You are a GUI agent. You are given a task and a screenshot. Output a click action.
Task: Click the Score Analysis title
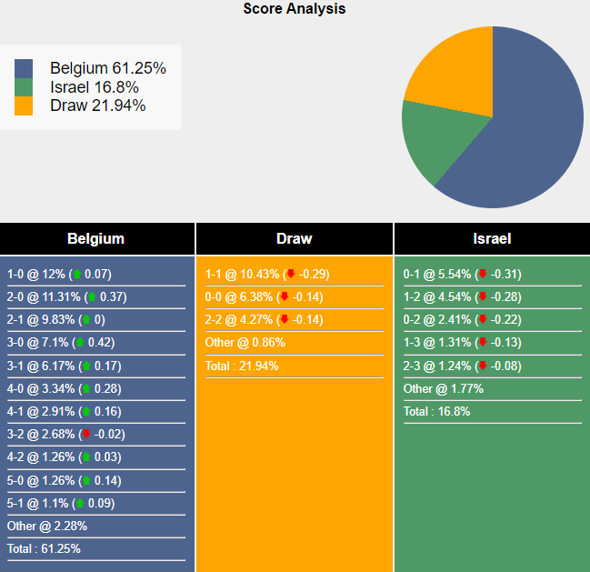295,9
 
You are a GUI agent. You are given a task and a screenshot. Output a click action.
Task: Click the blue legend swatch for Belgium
24,69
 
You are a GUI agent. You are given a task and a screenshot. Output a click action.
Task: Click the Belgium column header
95,239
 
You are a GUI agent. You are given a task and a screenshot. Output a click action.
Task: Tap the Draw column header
294,239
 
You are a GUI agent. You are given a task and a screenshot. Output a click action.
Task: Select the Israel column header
492,239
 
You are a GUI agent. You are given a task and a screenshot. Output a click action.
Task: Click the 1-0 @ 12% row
59,274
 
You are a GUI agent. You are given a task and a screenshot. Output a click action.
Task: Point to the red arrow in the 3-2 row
86,435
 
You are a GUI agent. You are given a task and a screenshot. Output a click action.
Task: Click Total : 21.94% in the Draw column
242,366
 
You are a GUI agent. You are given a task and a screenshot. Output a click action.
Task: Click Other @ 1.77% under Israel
444,388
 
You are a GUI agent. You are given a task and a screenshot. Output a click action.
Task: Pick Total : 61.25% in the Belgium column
44,548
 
